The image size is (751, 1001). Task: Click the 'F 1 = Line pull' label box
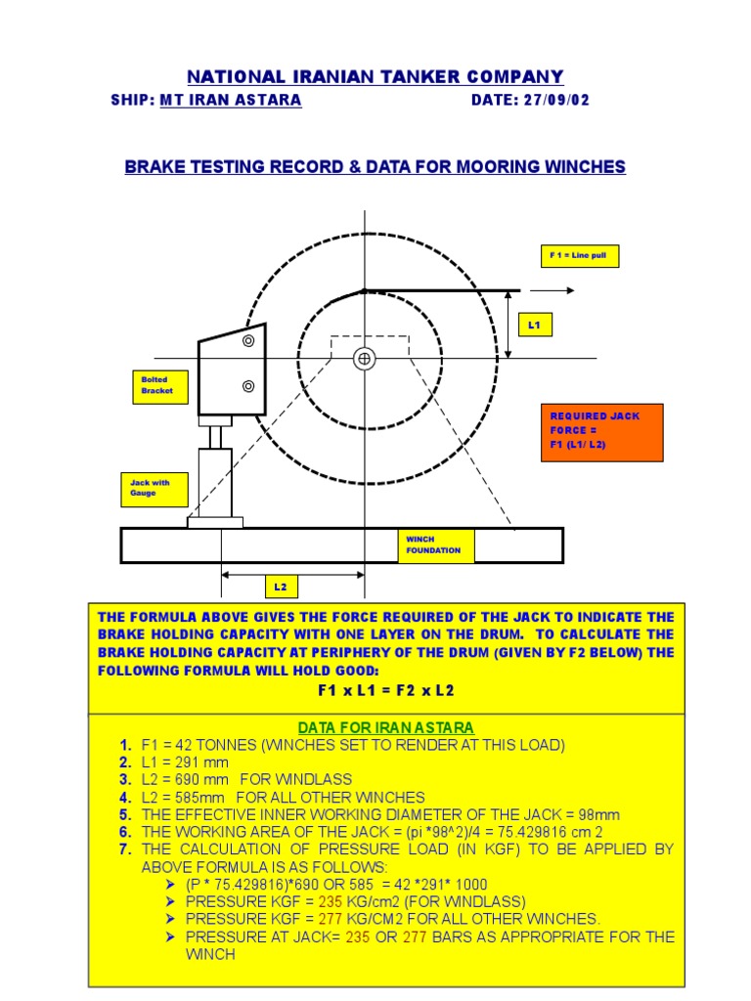click(580, 256)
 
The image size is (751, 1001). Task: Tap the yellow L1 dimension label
click(534, 325)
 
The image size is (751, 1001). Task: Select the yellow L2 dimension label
click(281, 588)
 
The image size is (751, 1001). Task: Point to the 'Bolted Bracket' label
click(155, 385)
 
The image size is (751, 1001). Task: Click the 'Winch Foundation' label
click(434, 545)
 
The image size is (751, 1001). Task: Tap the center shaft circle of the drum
click(365, 359)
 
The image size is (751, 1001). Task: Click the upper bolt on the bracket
click(248, 340)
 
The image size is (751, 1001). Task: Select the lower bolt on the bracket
click(248, 385)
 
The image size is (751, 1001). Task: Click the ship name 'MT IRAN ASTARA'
click(231, 101)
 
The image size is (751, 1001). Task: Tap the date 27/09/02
click(553, 101)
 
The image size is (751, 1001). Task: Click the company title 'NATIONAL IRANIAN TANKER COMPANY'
click(375, 76)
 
